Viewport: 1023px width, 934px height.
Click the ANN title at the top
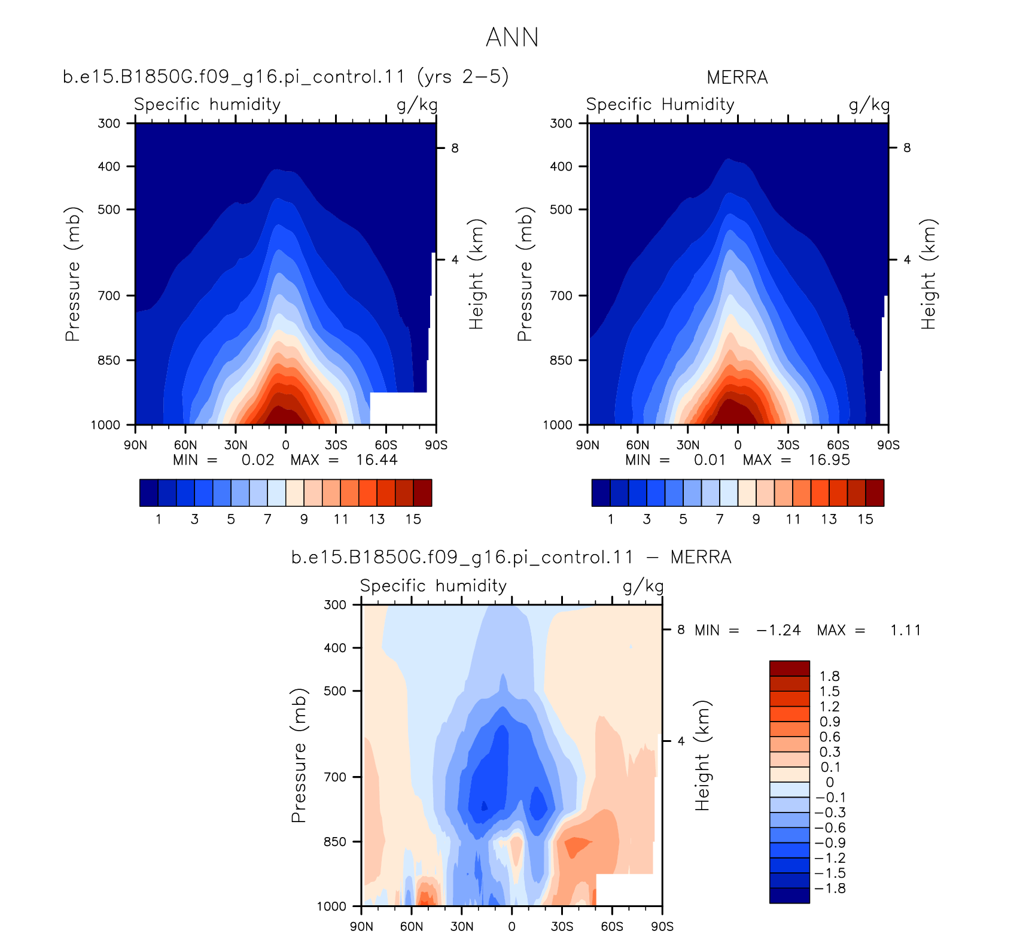512,37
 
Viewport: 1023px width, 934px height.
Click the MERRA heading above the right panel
737,78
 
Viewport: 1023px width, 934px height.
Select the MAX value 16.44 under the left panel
377,460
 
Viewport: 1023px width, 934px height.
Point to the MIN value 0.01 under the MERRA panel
710,460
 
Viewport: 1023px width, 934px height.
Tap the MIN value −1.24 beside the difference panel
778,630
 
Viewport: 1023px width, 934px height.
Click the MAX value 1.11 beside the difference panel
906,630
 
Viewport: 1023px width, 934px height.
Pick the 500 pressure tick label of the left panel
109,209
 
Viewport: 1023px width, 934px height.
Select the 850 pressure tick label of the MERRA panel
561,360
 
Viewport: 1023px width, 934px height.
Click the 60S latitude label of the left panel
386,445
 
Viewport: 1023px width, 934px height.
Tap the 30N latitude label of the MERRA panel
687,445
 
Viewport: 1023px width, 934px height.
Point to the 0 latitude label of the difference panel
511,926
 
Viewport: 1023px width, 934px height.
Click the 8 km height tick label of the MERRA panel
907,148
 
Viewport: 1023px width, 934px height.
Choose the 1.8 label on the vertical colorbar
830,676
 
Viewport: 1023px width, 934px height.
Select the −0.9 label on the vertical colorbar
830,843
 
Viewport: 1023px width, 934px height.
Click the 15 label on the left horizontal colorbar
413,519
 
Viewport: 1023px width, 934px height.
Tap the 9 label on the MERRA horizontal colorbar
756,519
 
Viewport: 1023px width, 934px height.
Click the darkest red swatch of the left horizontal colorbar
422,493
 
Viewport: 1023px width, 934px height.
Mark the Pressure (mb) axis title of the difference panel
299,755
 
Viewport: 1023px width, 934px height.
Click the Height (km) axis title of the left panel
476,274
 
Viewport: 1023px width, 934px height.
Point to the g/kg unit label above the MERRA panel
869,105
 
